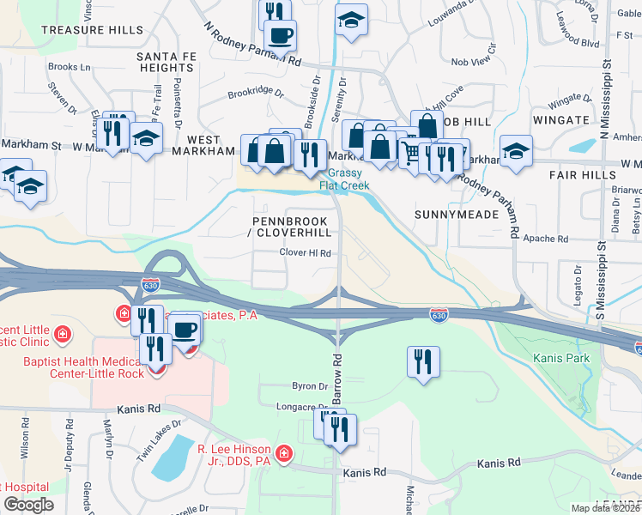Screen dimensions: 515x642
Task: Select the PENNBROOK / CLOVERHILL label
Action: pos(291,227)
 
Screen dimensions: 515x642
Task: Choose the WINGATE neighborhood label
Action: pos(561,122)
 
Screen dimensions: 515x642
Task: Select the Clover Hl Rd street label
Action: pos(306,253)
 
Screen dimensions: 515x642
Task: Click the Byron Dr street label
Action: pos(306,386)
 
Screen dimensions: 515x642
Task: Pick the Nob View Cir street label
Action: pos(474,62)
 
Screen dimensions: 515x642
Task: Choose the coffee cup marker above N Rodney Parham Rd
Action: pos(280,35)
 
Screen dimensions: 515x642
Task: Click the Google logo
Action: pos(28,505)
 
